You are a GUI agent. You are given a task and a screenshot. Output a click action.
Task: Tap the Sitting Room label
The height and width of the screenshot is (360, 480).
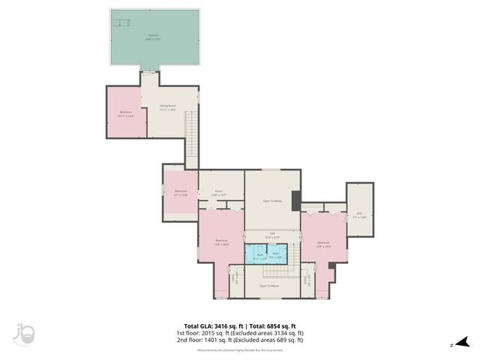click(x=167, y=107)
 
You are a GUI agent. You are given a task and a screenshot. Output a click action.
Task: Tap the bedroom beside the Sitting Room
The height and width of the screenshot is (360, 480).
click(x=125, y=113)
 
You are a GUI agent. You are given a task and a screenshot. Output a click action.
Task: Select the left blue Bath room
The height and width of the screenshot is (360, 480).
click(x=259, y=256)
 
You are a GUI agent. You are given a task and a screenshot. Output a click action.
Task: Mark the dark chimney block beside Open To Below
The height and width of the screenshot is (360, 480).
click(x=296, y=200)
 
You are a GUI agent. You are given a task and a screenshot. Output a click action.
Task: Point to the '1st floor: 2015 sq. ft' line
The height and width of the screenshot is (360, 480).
click(x=240, y=333)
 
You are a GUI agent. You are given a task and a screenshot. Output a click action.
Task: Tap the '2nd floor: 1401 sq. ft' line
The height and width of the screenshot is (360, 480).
click(x=240, y=340)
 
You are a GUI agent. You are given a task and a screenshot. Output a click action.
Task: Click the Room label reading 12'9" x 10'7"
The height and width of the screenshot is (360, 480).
click(x=220, y=193)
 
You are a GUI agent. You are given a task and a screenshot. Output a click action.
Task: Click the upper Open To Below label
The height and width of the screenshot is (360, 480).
click(x=272, y=201)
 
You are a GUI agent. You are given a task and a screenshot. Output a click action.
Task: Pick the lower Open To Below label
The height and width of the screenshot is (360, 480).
click(x=269, y=286)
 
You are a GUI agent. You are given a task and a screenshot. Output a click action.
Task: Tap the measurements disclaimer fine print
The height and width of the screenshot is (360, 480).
click(x=240, y=350)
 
